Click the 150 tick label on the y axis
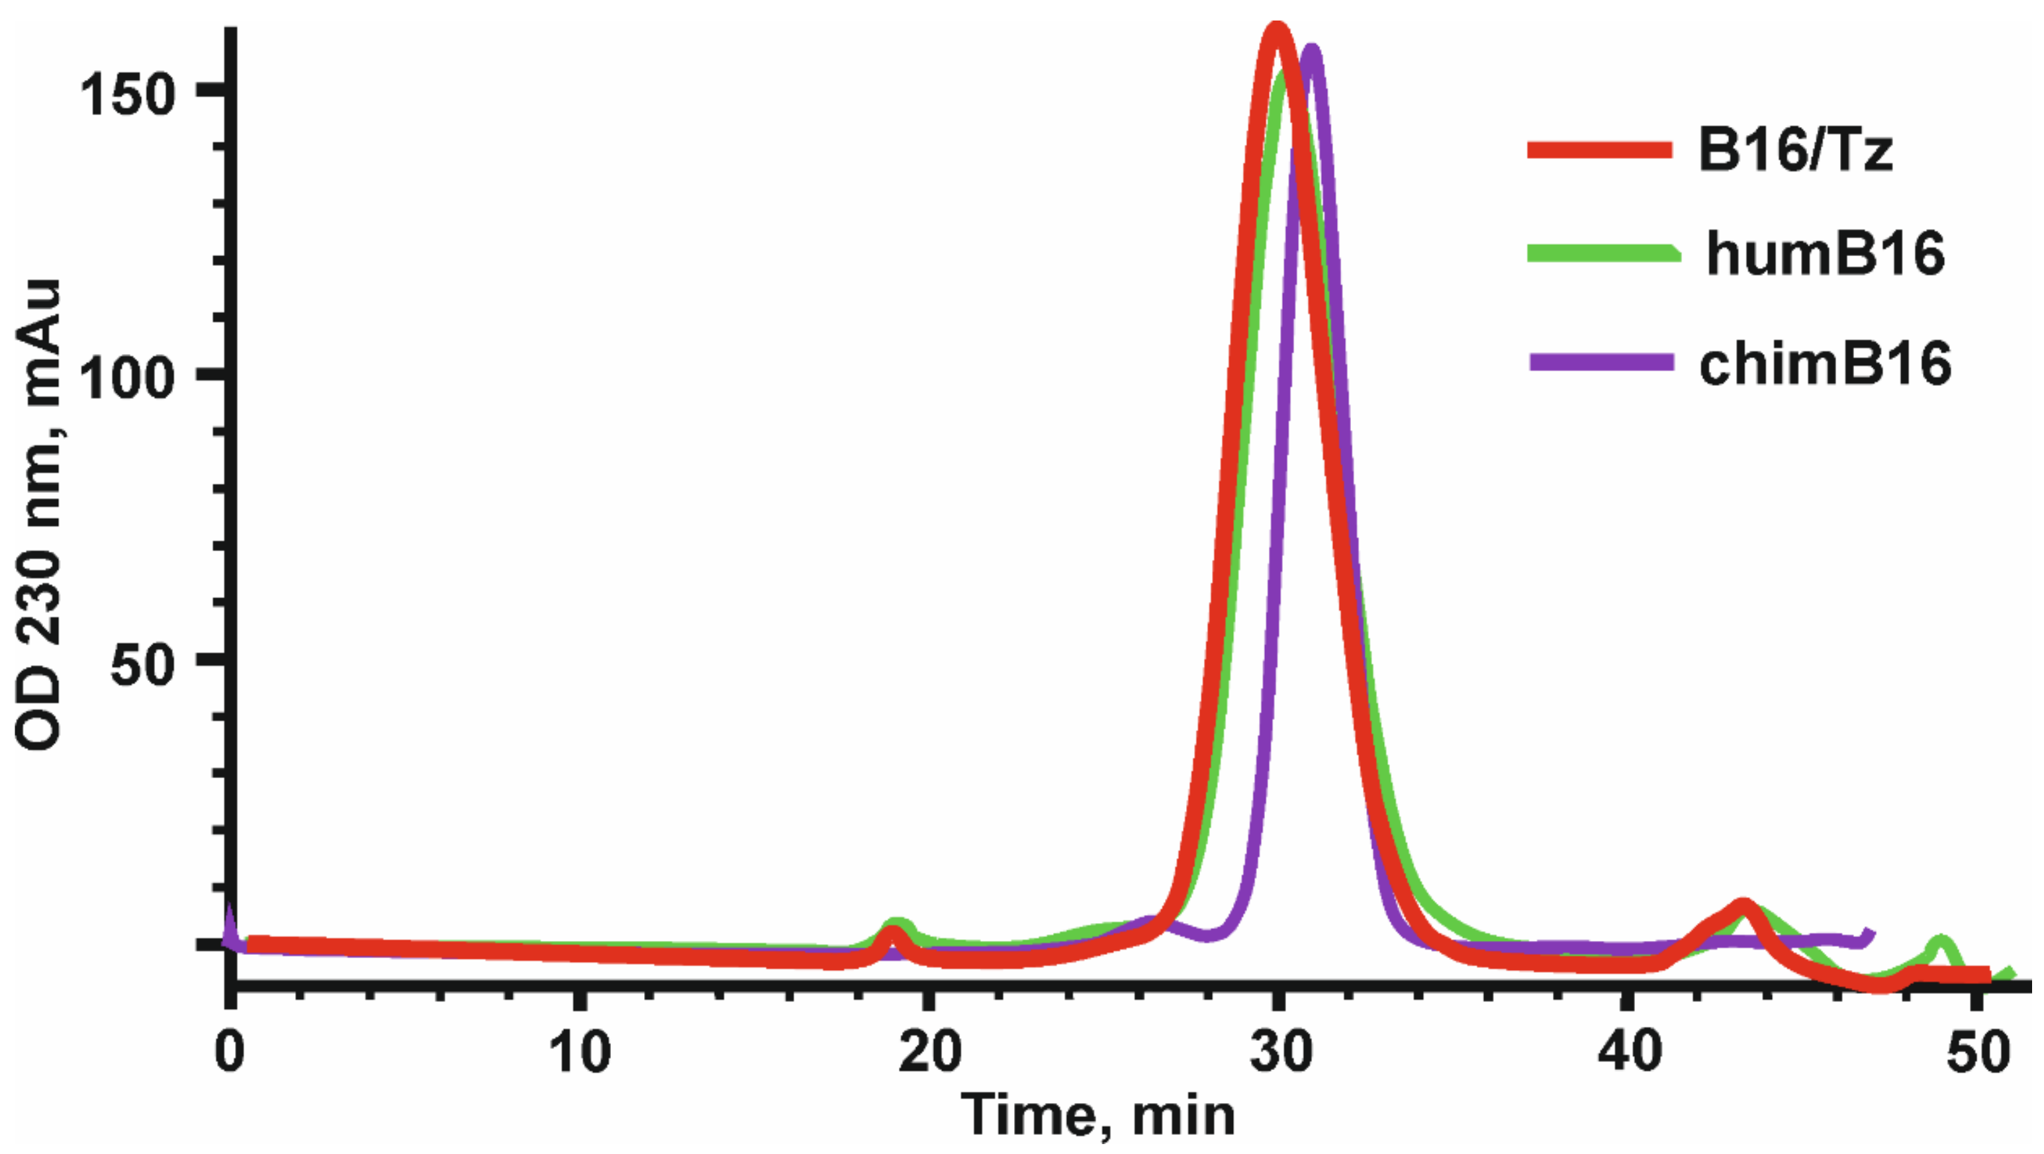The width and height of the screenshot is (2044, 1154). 127,95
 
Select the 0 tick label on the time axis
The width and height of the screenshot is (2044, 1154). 229,1053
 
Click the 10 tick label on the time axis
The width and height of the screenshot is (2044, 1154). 580,1053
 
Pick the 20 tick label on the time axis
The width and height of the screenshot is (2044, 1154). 930,1053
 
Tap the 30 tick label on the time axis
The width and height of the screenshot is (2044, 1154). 1279,1053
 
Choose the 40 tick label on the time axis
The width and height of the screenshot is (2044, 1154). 1629,1053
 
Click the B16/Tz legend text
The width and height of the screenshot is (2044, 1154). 1795,150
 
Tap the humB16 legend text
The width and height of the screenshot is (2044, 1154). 1825,255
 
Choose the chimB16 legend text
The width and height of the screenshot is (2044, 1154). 1825,363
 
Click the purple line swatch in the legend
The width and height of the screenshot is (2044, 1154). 1601,363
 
